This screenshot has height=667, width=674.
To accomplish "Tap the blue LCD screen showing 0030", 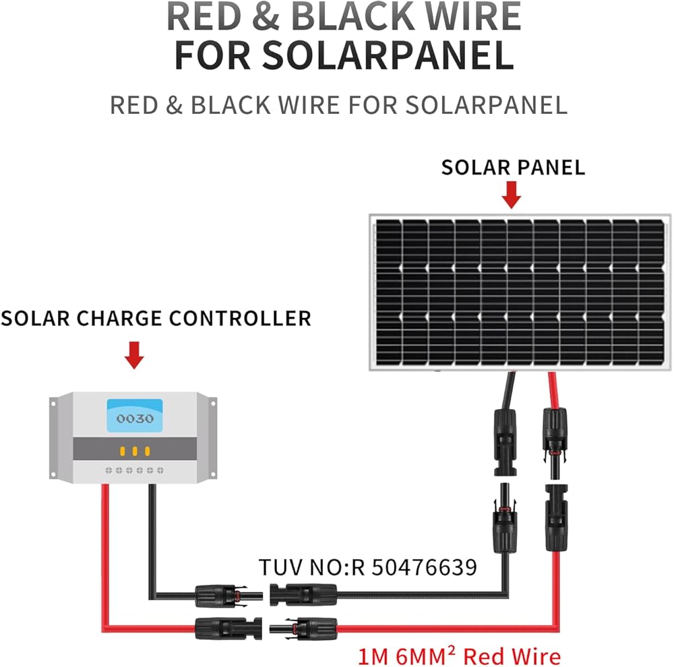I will (135, 416).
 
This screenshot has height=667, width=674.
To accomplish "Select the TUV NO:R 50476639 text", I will (368, 567).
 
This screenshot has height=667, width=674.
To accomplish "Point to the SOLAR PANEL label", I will (513, 167).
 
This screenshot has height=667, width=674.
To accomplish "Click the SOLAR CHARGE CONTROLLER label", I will (156, 318).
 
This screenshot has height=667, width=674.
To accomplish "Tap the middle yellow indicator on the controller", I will (135, 451).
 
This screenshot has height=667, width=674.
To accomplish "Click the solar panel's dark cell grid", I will (519, 292).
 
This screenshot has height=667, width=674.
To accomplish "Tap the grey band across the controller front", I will (135, 447).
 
